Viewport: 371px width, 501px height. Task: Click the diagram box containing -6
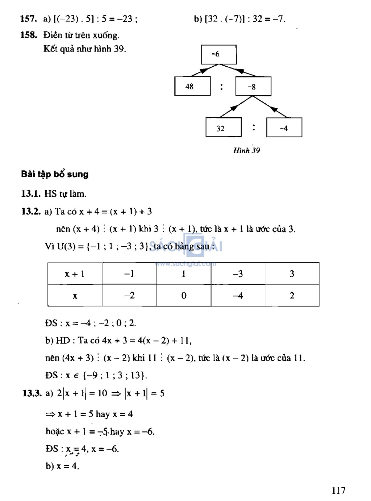[219, 54]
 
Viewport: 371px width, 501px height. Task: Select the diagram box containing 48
[192, 86]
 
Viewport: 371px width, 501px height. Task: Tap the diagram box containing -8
[253, 86]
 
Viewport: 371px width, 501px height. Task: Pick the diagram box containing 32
[223, 128]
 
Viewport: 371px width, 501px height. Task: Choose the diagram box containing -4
[284, 128]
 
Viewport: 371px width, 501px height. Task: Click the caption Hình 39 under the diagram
[246, 150]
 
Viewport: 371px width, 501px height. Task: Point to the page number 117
[338, 490]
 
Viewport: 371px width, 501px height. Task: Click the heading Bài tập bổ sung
[55, 174]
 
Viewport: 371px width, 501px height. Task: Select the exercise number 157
[29, 19]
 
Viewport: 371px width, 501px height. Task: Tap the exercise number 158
[29, 35]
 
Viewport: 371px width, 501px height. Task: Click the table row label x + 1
[75, 274]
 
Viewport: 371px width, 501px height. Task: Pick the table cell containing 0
[184, 296]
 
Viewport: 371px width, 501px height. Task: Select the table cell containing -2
[129, 296]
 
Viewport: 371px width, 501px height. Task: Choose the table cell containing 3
[292, 274]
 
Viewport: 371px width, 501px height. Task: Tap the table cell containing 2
[292, 296]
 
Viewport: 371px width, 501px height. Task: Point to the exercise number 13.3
[32, 393]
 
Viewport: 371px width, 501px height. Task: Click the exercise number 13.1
[31, 194]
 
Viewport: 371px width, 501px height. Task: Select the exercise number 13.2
[31, 212]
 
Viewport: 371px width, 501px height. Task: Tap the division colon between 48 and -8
[222, 87]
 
